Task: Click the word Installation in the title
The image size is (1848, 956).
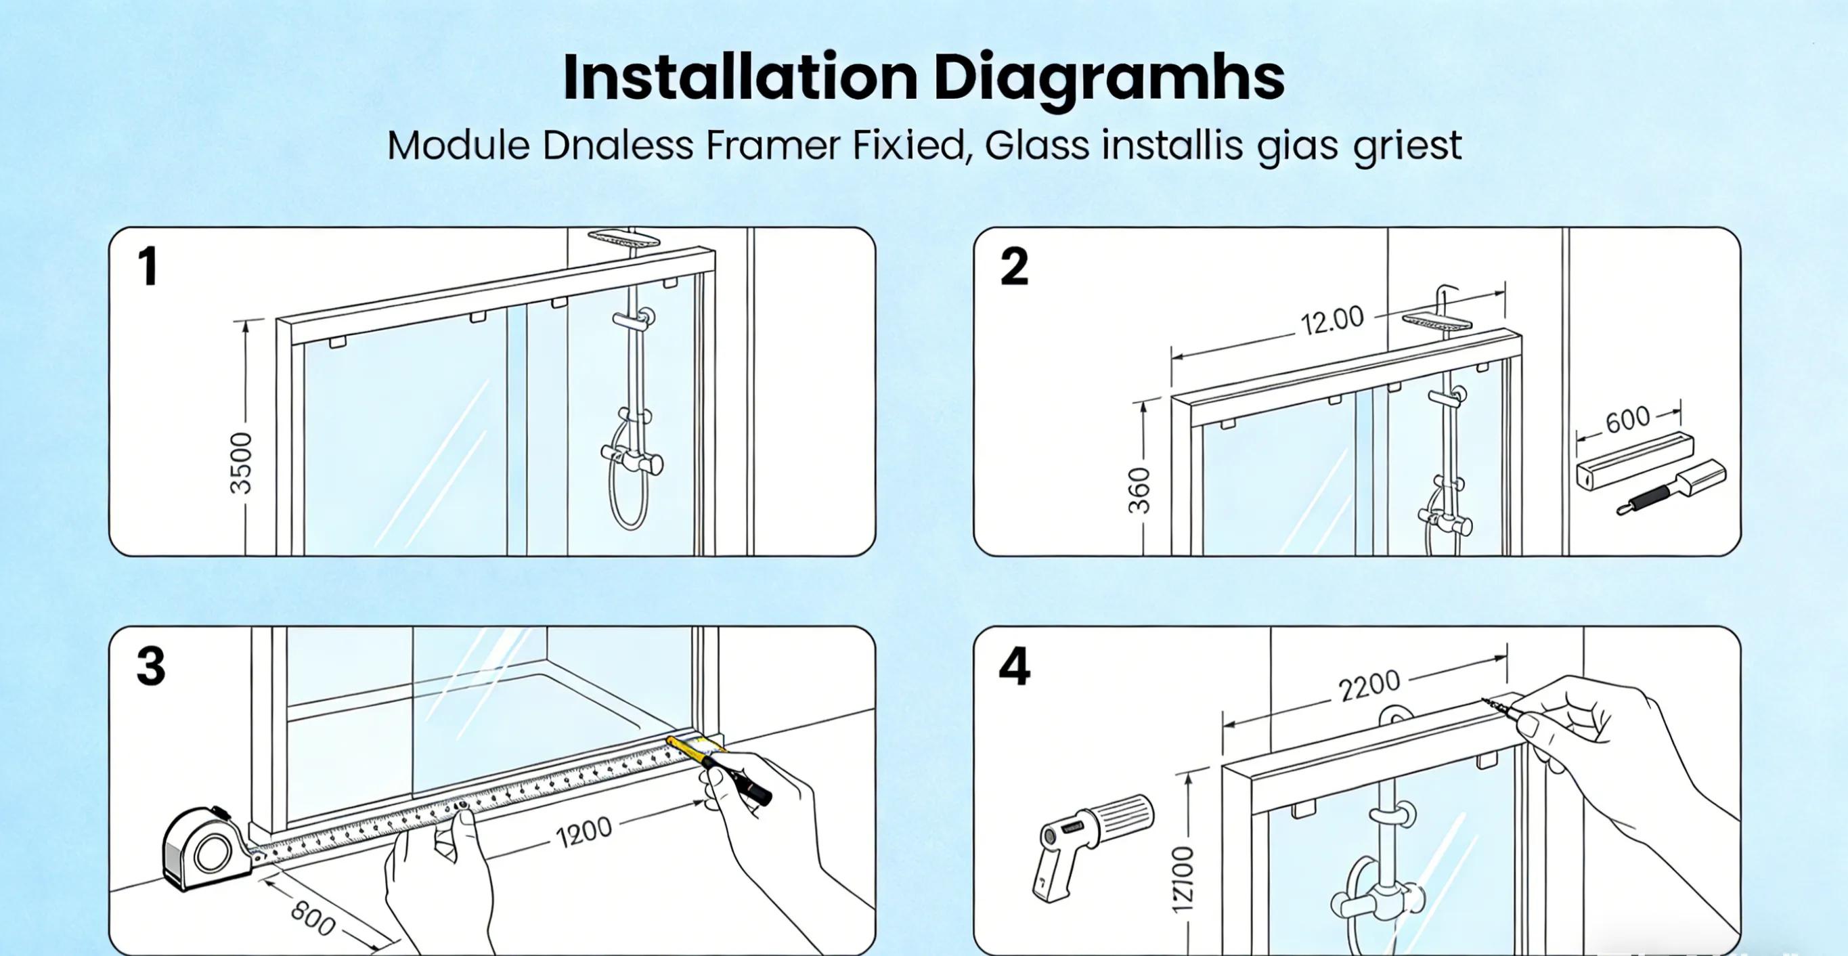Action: click(x=739, y=77)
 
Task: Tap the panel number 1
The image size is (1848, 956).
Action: click(x=148, y=267)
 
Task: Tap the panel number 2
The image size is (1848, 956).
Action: click(x=1013, y=267)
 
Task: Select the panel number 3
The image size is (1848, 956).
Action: click(x=151, y=667)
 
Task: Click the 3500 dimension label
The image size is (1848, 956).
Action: click(x=242, y=463)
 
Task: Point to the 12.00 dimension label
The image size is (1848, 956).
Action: click(x=1332, y=320)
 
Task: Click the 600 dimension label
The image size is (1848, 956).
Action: click(x=1627, y=419)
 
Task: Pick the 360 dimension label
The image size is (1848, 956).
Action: click(x=1139, y=490)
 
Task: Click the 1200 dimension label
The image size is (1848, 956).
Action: click(x=584, y=833)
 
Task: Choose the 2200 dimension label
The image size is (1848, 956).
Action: click(x=1369, y=685)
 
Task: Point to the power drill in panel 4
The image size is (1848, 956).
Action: click(x=1091, y=840)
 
